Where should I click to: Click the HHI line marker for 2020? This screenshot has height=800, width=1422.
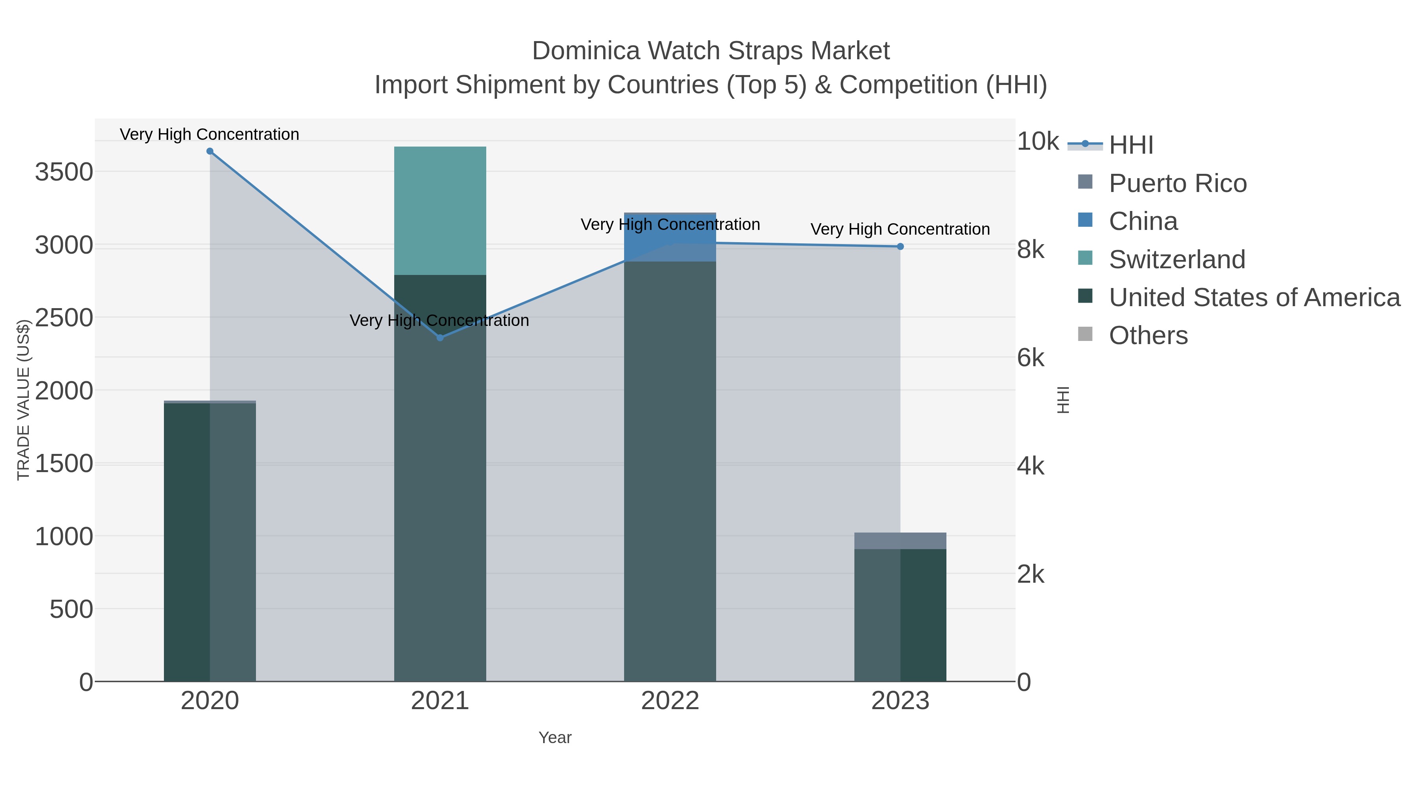coord(210,151)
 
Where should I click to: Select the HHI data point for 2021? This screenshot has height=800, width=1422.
coord(440,337)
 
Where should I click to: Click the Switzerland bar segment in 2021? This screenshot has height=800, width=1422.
coord(440,210)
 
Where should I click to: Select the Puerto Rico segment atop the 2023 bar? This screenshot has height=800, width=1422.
coord(900,540)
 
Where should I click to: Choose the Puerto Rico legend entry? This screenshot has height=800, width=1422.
coord(1177,183)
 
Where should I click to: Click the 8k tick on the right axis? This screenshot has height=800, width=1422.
coord(1030,250)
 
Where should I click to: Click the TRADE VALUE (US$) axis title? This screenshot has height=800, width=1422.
coord(23,400)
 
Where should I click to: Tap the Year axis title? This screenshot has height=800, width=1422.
coord(555,738)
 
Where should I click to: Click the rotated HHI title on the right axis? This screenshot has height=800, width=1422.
coord(1063,400)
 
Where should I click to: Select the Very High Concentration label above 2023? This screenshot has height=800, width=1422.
coord(900,229)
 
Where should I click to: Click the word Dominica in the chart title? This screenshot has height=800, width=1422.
coord(586,51)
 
